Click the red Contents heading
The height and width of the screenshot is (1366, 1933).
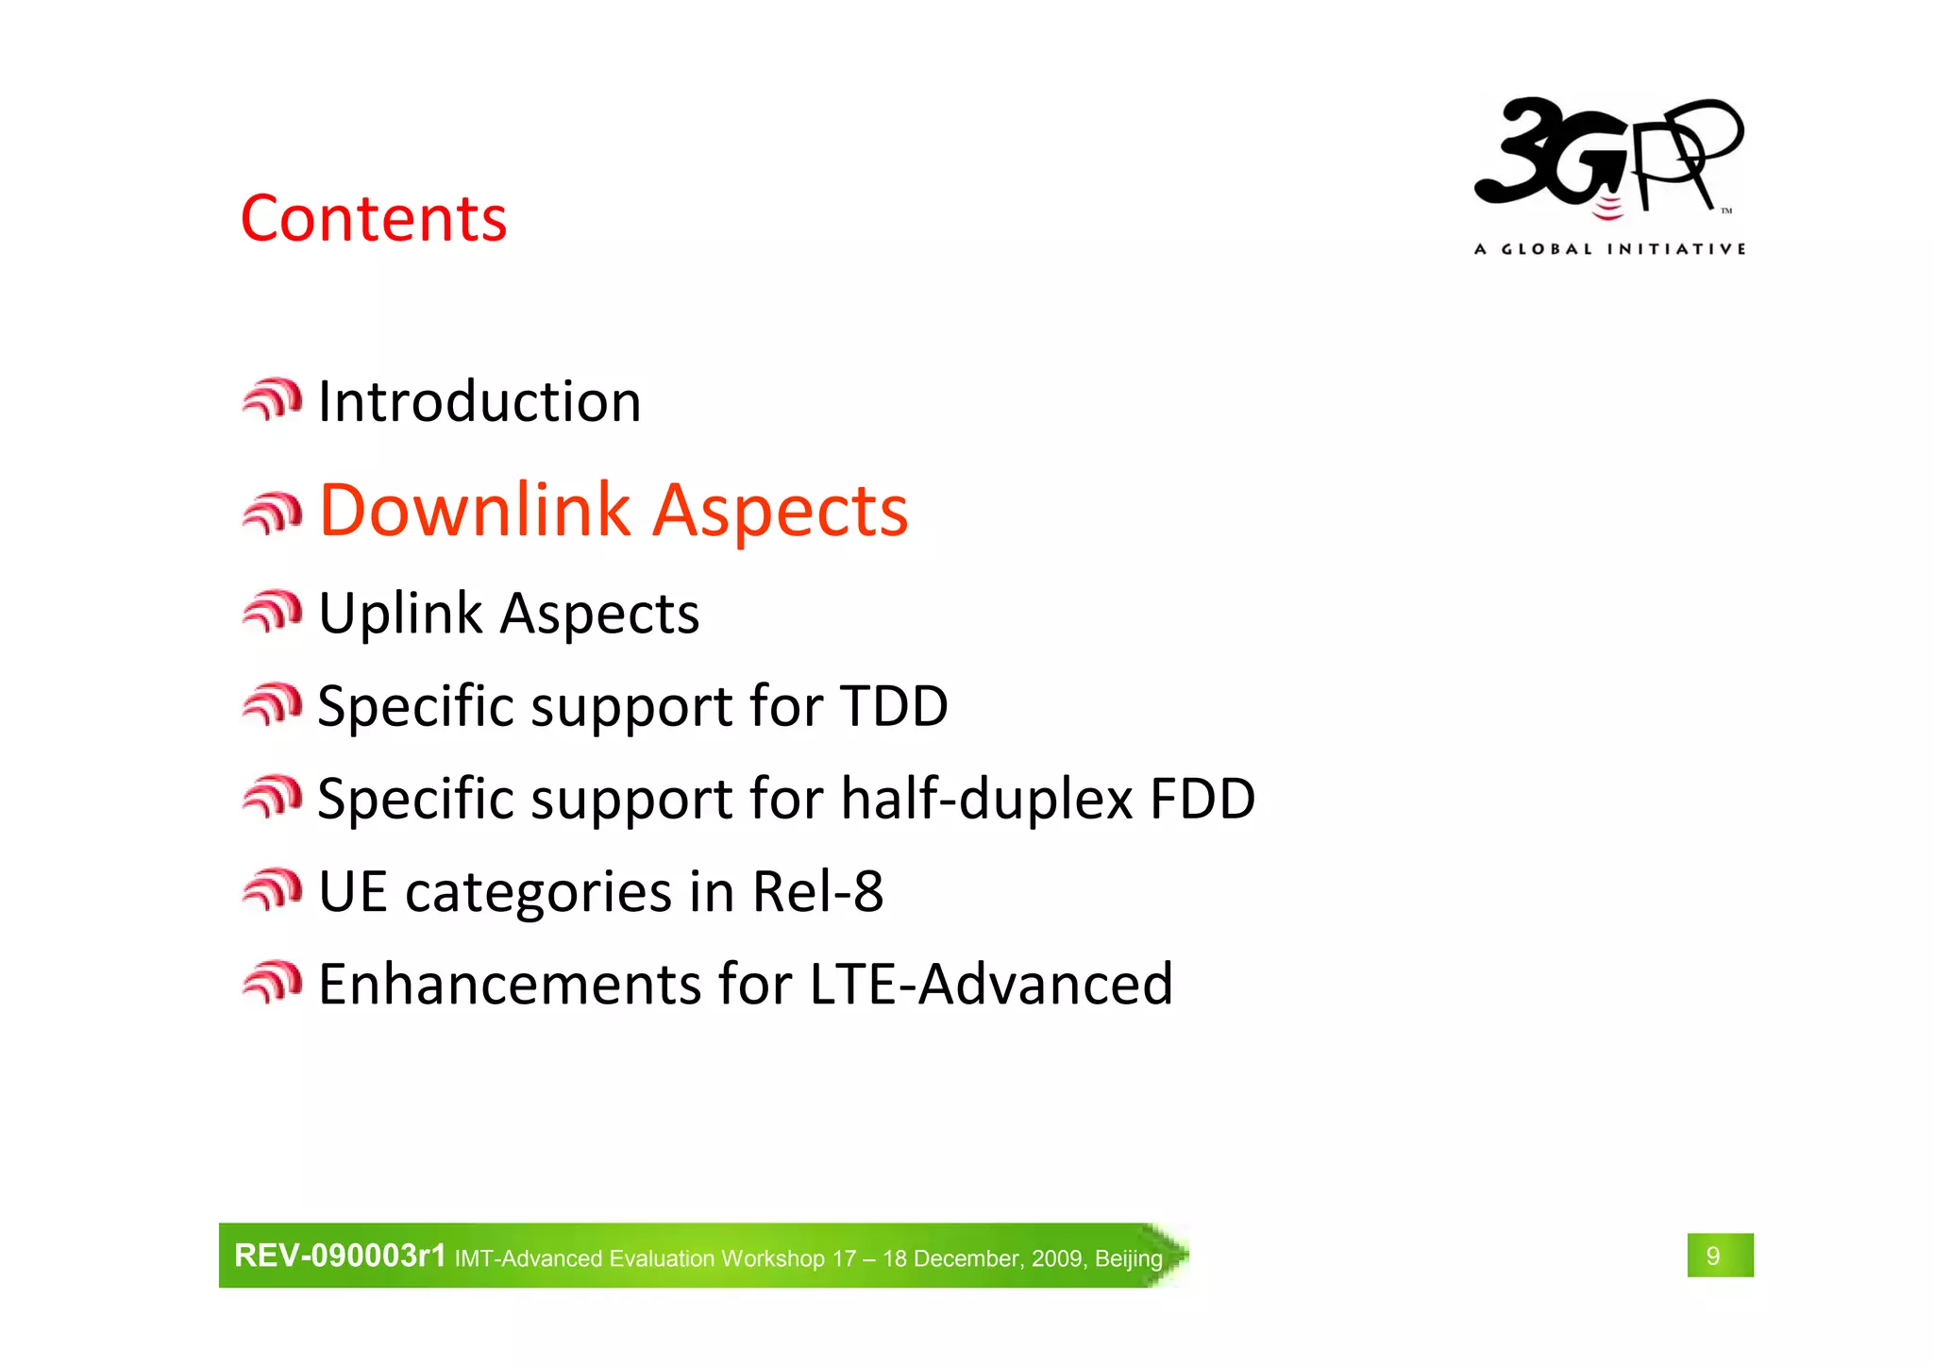click(x=374, y=219)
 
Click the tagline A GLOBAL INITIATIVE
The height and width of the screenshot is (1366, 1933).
click(x=1609, y=249)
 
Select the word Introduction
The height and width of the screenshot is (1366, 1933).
click(x=479, y=401)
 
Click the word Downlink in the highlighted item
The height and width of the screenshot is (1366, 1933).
click(x=475, y=510)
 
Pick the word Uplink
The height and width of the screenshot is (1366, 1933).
click(x=400, y=614)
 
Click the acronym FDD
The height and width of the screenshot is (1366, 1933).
click(x=1202, y=799)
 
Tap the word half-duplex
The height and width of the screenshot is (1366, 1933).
click(x=986, y=799)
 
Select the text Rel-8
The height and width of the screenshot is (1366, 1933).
click(x=817, y=891)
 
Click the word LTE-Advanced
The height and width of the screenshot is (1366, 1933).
click(x=991, y=984)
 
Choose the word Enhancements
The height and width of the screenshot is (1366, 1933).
click(x=510, y=984)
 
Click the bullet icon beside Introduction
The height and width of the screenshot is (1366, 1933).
click(x=272, y=400)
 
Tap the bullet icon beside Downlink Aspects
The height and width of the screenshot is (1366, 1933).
click(x=272, y=514)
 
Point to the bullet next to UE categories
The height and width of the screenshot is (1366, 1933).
click(x=272, y=890)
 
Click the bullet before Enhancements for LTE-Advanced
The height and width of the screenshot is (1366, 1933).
click(x=272, y=983)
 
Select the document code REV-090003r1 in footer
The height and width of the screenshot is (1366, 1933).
click(x=340, y=1256)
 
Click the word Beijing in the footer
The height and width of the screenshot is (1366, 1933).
click(x=1128, y=1258)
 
